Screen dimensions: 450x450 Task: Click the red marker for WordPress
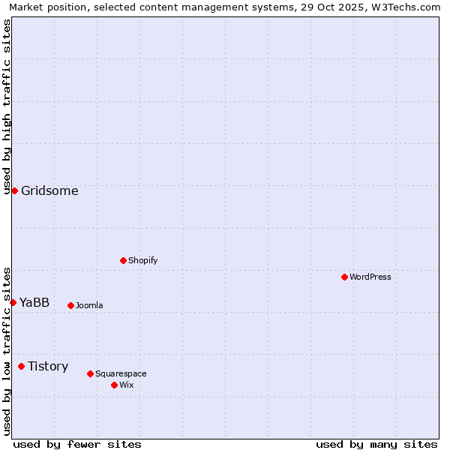pyautogui.click(x=344, y=277)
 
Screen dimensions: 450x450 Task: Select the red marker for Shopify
pyautogui.click(x=123, y=260)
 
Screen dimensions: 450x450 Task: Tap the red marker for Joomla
pyautogui.click(x=70, y=305)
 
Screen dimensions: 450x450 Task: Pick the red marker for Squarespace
pyautogui.click(x=90, y=373)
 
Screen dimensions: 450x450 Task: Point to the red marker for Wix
pyautogui.click(x=114, y=385)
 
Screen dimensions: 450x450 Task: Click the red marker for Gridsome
pyautogui.click(x=14, y=190)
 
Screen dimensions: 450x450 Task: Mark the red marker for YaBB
pyautogui.click(x=13, y=302)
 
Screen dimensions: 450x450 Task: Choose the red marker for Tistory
pyautogui.click(x=21, y=366)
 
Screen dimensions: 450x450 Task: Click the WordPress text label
pyautogui.click(x=370, y=277)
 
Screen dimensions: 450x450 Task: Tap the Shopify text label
pyautogui.click(x=142, y=260)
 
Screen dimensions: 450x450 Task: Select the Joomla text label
pyautogui.click(x=89, y=305)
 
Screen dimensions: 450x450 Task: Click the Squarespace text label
pyautogui.click(x=121, y=373)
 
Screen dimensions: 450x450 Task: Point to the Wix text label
pyautogui.click(x=126, y=385)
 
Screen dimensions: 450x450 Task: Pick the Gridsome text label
pyautogui.click(x=49, y=190)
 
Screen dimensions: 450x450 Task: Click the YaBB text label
pyautogui.click(x=34, y=302)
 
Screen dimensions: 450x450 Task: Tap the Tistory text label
pyautogui.click(x=48, y=366)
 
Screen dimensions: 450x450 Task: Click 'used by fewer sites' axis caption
pyautogui.click(x=77, y=444)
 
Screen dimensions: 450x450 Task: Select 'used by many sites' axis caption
pyautogui.click(x=376, y=444)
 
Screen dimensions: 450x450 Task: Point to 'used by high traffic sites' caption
pyautogui.click(x=7, y=106)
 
